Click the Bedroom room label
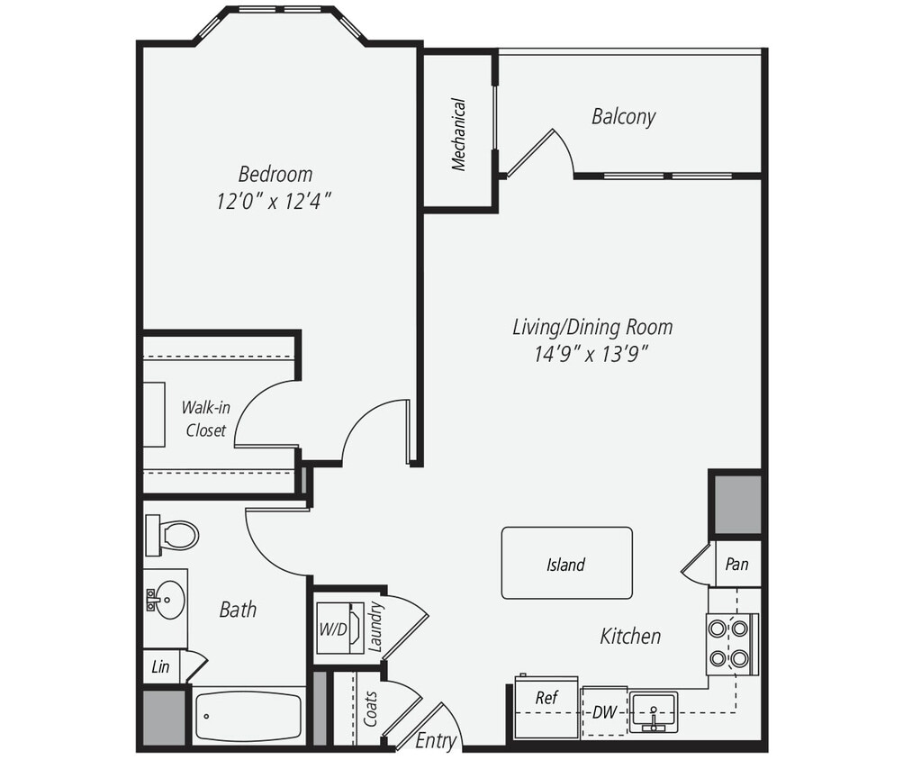click(275, 173)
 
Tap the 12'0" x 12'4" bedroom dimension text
click(275, 200)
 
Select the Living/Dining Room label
click(591, 326)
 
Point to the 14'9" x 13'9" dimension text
click(591, 354)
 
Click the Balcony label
click(623, 116)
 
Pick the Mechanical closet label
click(459, 134)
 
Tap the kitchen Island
click(566, 564)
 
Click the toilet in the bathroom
click(174, 536)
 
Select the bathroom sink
click(166, 596)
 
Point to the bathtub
click(249, 717)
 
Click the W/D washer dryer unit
click(339, 628)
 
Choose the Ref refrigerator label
click(546, 698)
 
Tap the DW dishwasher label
click(603, 712)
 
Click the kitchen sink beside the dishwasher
click(653, 711)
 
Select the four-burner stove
click(729, 643)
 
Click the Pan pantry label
click(736, 565)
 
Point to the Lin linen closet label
click(160, 667)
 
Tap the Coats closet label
click(371, 708)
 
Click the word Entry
click(436, 741)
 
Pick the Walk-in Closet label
click(206, 419)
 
